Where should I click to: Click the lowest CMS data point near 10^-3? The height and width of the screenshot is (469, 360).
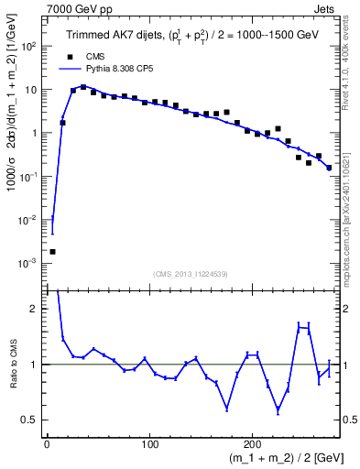click(x=52, y=251)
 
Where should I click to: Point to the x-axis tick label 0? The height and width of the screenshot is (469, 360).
click(x=47, y=445)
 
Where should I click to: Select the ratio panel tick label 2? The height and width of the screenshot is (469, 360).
click(x=35, y=309)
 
